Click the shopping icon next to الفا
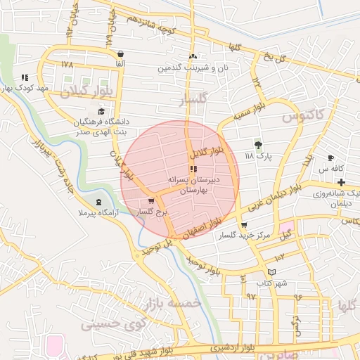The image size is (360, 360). pyautogui.click(x=121, y=53)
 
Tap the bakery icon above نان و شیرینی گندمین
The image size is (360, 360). pyautogui.click(x=193, y=57)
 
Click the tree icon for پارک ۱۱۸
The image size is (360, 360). pyautogui.click(x=259, y=145)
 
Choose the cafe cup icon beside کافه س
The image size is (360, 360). pyautogui.click(x=331, y=158)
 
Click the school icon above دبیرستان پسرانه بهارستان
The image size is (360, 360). pyautogui.click(x=193, y=169)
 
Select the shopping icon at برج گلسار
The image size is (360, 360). pyautogui.click(x=151, y=201)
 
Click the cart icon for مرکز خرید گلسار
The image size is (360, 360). pyautogui.click(x=244, y=225)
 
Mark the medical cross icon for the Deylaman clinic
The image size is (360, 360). pyautogui.click(x=341, y=182)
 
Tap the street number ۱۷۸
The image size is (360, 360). pyautogui.click(x=67, y=64)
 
